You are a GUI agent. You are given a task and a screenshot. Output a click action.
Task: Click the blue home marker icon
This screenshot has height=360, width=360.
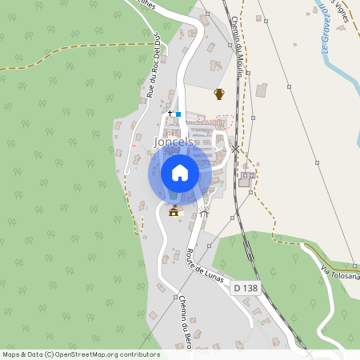coord(180,173)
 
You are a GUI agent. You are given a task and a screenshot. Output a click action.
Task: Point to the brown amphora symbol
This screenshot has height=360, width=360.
coord(219,94)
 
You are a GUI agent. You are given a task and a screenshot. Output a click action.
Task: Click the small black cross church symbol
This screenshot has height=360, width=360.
coord(170,114)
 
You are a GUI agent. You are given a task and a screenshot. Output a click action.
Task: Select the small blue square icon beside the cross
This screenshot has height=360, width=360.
coord(178,114)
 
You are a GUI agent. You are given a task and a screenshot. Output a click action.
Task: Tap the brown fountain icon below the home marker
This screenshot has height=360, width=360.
coord(174,211)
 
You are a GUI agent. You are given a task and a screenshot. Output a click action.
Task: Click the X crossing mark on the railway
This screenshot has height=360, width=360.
coord(236,149)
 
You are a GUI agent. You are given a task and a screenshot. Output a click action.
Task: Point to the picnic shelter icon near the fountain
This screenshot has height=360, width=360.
coord(205,212)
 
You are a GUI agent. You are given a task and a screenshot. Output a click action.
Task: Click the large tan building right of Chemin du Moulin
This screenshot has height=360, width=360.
coord(262,90)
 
